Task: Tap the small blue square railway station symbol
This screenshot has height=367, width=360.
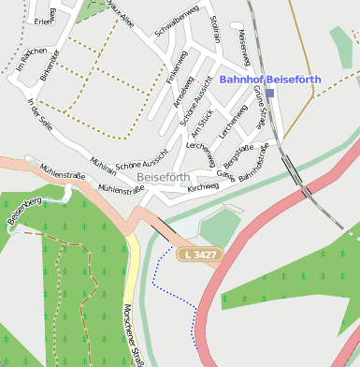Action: (x=270, y=94)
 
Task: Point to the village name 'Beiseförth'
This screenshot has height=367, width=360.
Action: (x=163, y=176)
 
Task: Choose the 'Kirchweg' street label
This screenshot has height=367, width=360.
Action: (x=203, y=187)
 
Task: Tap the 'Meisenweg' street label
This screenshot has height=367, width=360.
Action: (x=244, y=46)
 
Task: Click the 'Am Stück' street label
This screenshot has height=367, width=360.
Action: (x=204, y=123)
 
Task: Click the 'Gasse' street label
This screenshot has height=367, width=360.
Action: (x=225, y=174)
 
